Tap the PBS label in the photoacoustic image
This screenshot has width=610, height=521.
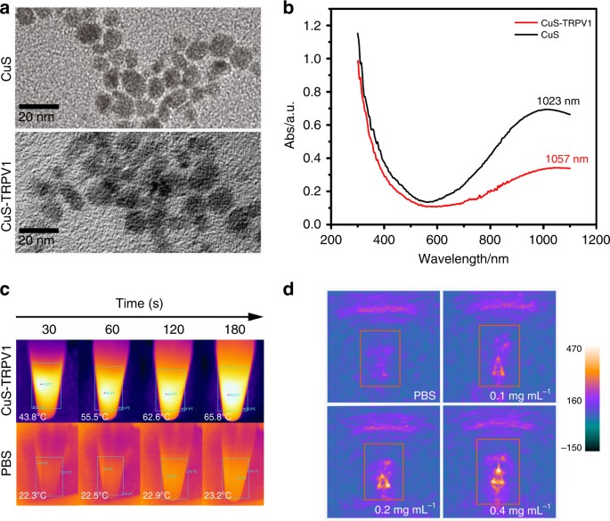[x=418, y=393]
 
